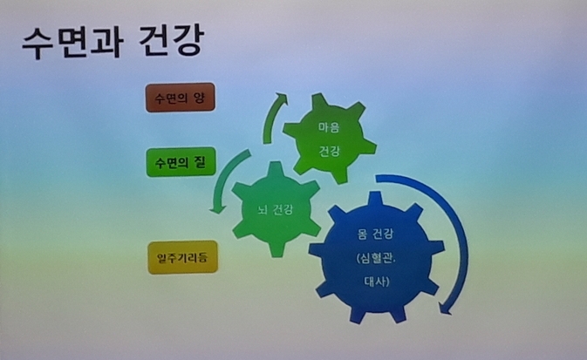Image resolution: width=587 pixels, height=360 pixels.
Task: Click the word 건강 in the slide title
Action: pyautogui.click(x=172, y=40)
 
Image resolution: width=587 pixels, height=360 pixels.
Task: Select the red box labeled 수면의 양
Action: pyautogui.click(x=181, y=98)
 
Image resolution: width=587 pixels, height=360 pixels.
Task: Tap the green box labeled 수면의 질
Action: pyautogui.click(x=181, y=162)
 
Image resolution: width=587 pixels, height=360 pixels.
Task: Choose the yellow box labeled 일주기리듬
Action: pyautogui.click(x=182, y=257)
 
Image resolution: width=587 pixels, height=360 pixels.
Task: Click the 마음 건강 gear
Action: pyautogui.click(x=330, y=139)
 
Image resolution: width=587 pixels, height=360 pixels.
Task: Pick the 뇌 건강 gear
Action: pyautogui.click(x=276, y=209)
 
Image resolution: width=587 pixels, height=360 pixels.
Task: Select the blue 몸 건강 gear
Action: pyautogui.click(x=376, y=257)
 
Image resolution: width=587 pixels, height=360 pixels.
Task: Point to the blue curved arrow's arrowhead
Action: pyautogui.click(x=445, y=308)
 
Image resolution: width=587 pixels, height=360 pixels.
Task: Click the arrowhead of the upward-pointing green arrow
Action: pyautogui.click(x=281, y=98)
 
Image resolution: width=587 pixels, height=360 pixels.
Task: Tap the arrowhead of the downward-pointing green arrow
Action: pyautogui.click(x=217, y=208)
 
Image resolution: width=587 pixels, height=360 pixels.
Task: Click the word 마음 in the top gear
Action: pyautogui.click(x=329, y=127)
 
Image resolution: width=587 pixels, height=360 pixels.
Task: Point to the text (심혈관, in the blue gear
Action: pyautogui.click(x=376, y=258)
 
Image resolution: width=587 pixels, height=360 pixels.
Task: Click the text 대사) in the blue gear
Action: pyautogui.click(x=377, y=281)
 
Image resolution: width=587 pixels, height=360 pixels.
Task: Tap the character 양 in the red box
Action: pyautogui.click(x=199, y=98)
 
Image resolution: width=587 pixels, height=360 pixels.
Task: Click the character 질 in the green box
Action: pyautogui.click(x=201, y=162)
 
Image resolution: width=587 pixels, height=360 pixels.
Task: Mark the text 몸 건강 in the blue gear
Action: pyautogui.click(x=375, y=234)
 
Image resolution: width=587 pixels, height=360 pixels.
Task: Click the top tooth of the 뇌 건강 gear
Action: pyautogui.click(x=276, y=167)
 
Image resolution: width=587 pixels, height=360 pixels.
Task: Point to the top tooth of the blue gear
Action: pyautogui.click(x=375, y=199)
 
